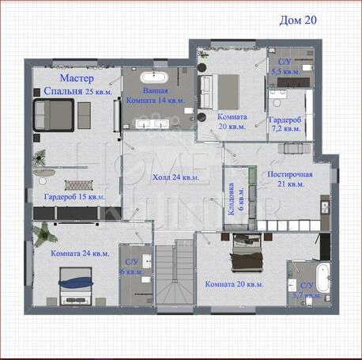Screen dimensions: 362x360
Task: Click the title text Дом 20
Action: click(298, 21)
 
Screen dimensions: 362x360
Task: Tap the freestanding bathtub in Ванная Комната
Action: click(154, 78)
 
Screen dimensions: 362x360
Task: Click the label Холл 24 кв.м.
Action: click(175, 177)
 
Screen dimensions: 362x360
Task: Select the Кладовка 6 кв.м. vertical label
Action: click(236, 199)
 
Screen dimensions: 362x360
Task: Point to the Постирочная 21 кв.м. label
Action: click(290, 179)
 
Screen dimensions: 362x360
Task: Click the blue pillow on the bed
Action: click(76, 282)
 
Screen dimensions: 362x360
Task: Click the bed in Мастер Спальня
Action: click(54, 115)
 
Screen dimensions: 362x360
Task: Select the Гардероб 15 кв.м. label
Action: click(74, 197)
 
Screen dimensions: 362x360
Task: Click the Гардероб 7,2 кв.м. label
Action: click(285, 124)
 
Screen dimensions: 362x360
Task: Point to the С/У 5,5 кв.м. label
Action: click(285, 66)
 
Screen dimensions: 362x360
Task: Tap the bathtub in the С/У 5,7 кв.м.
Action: click(323, 278)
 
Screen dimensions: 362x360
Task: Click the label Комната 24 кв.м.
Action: click(80, 253)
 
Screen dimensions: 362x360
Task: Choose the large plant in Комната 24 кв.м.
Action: click(45, 234)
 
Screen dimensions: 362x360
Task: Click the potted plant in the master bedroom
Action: click(40, 157)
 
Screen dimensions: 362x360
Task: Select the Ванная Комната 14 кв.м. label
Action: click(156, 96)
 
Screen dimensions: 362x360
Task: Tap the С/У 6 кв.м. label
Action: click(132, 267)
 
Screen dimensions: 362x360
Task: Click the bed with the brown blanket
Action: click(247, 252)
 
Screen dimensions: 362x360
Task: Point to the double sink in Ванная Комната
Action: click(153, 123)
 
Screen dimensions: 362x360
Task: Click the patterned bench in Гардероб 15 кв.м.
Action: click(79, 185)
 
